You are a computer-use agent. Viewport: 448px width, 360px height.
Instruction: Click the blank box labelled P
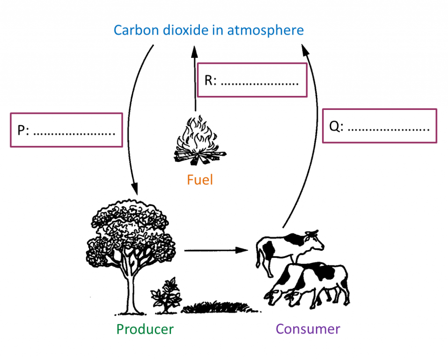tap(66, 130)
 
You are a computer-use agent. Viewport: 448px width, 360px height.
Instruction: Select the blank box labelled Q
tap(379, 126)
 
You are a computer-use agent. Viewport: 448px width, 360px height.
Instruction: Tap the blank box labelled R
tap(252, 80)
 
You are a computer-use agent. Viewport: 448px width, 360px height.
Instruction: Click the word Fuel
tap(200, 180)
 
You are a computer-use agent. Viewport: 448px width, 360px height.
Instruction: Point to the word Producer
tap(145, 329)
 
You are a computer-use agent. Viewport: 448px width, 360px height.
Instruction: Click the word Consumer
tap(308, 329)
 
